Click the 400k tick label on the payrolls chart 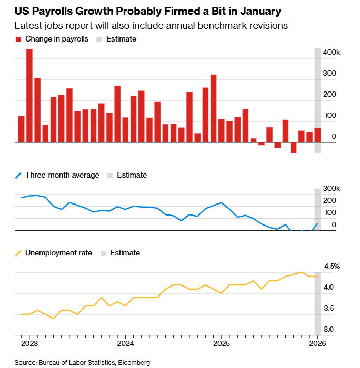tap(331, 53)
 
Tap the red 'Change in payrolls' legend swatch tap(19, 39)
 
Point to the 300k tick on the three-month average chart tap(331, 189)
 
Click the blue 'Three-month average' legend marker tap(19, 175)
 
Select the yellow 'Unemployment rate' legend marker tap(19, 253)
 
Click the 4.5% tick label tap(332, 267)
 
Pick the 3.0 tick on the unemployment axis tap(328, 329)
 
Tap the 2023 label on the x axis tap(29, 343)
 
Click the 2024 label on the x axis tap(125, 343)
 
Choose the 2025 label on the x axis tap(222, 343)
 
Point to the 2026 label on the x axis tap(317, 343)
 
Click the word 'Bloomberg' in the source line tap(134, 362)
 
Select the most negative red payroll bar tap(293, 148)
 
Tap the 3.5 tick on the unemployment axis tap(328, 309)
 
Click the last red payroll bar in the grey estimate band tap(317, 135)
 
